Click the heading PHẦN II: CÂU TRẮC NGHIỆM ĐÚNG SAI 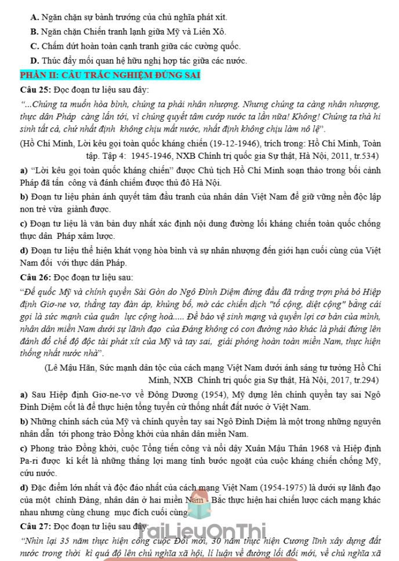point(110,75)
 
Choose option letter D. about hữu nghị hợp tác point(34,60)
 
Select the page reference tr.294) point(365,380)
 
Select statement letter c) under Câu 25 point(23,224)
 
